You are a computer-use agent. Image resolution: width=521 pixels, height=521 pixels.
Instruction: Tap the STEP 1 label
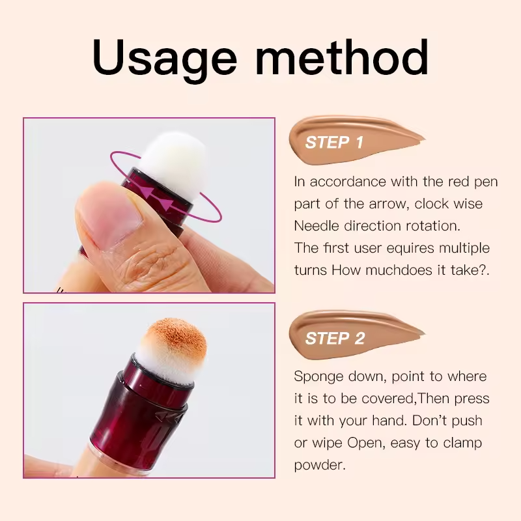point(334,143)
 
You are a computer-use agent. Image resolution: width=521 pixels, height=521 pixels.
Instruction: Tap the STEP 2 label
point(334,339)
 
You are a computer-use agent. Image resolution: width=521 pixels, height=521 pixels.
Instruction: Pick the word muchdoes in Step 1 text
point(394,270)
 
